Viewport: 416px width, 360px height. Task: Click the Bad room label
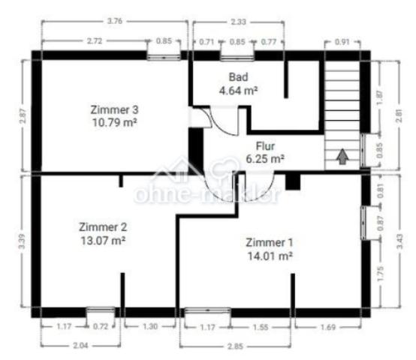239,77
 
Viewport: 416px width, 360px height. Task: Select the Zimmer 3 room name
114,109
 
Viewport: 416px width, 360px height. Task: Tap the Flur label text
265,146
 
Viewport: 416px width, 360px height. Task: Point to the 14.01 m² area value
270,256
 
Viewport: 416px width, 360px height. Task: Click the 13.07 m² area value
103,241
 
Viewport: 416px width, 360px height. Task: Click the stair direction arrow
342,156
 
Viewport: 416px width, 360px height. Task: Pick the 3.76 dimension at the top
115,21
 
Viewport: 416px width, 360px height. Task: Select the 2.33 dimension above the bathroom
238,22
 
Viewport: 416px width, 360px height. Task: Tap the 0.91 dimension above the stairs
342,42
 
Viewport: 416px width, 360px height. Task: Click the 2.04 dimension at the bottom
80,346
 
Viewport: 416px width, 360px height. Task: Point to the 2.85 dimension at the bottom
235,346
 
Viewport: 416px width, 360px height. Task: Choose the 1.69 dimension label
328,328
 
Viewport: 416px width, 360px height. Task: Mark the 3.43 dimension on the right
399,241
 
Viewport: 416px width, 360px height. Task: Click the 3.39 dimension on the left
22,241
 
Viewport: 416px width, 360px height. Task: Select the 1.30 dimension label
150,326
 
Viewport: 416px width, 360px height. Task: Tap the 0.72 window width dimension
101,326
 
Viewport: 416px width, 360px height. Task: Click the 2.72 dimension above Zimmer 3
95,41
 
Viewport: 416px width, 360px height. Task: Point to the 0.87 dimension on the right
381,223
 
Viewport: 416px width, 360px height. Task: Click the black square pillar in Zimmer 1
293,182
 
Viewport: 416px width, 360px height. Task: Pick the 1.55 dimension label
261,328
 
